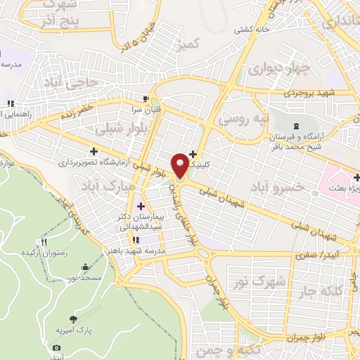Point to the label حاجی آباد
82,83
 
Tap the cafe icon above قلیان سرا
146,98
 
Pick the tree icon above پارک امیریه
74,319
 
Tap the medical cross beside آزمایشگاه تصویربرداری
94,150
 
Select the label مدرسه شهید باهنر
141,251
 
